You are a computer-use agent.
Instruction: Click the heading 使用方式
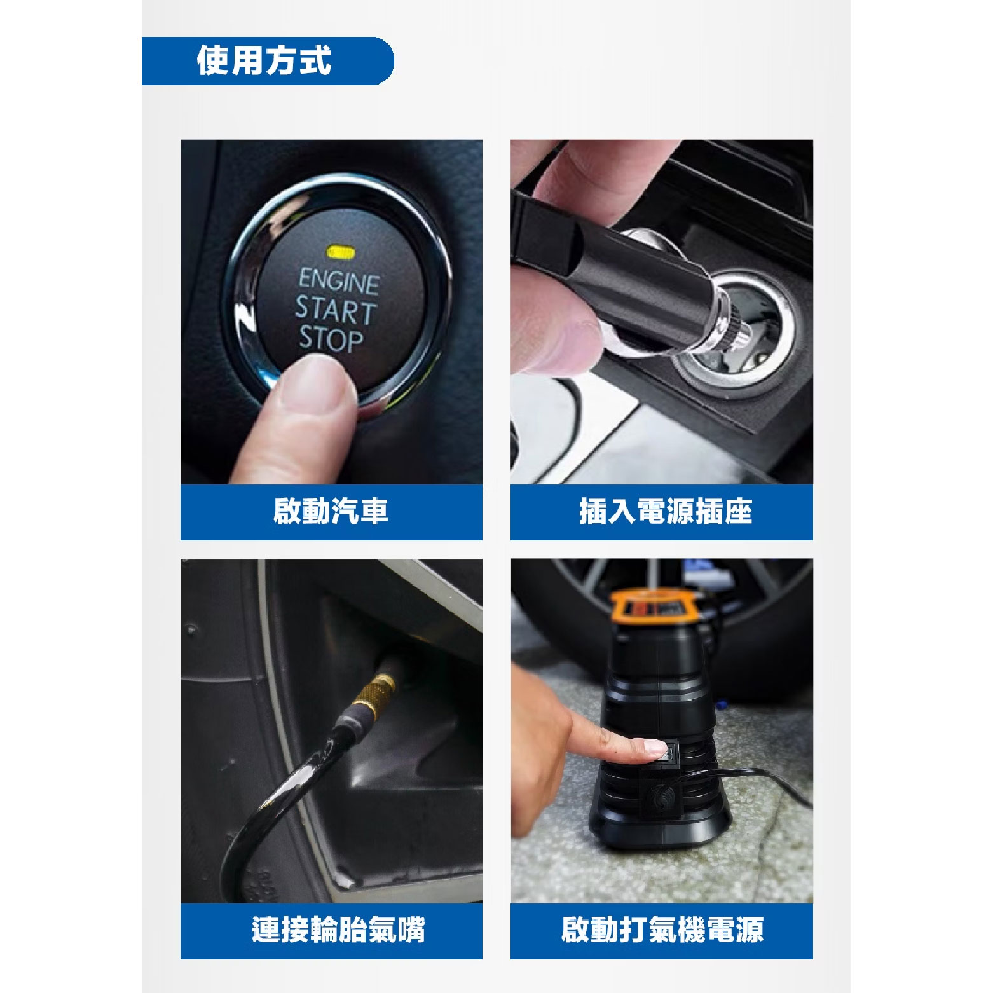coord(264,62)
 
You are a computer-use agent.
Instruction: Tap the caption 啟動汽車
coord(331,511)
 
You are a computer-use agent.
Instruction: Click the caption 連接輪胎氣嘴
coord(338,930)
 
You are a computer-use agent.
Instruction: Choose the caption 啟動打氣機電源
coord(662,930)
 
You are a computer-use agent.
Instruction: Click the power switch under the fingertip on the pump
coord(669,753)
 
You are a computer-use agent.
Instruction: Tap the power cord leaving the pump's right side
coord(750,779)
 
